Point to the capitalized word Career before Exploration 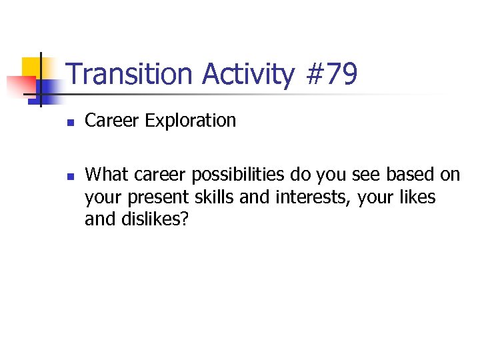[112, 121]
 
